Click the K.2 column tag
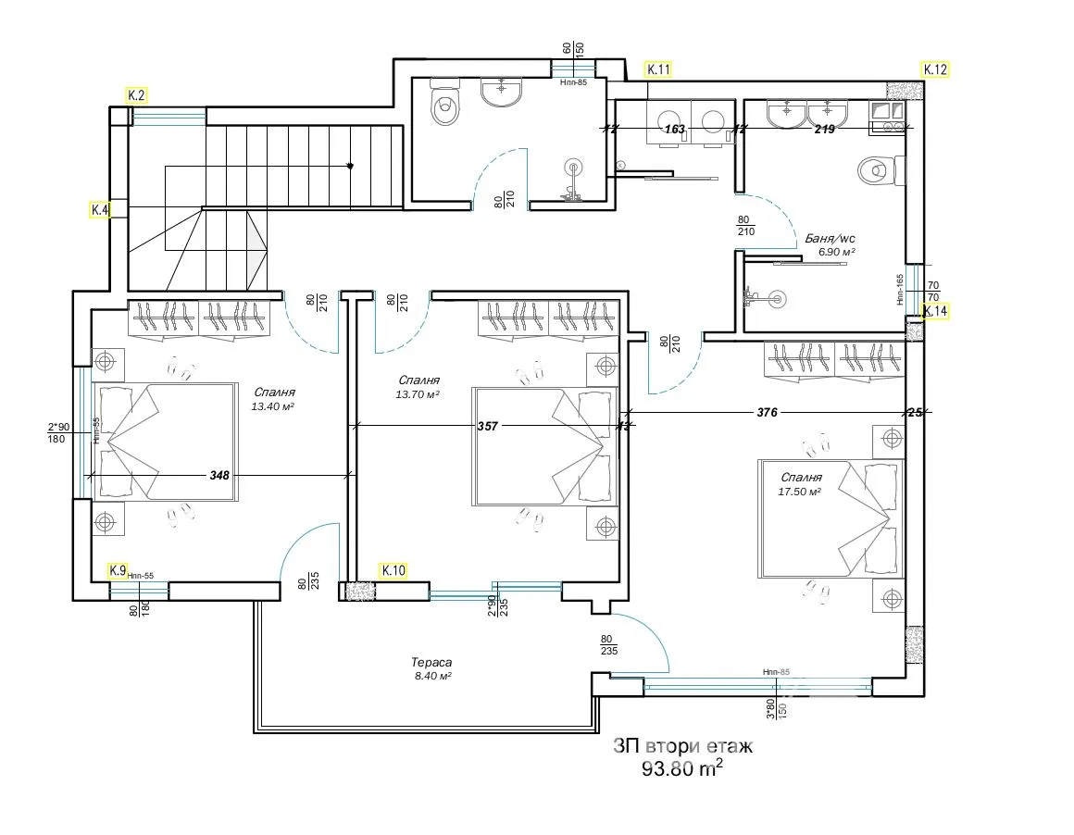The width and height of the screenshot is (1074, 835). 137,95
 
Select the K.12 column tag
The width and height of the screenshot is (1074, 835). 935,69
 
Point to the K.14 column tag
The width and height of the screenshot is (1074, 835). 935,312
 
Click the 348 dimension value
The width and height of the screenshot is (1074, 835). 219,475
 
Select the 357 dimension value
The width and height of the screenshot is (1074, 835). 488,427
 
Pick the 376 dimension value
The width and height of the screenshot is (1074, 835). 768,412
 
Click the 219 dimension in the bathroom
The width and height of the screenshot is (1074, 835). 824,130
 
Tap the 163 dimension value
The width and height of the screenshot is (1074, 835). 675,130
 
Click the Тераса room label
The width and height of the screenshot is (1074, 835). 431,663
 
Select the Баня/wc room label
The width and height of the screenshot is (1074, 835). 830,238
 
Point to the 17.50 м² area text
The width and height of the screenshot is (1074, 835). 800,492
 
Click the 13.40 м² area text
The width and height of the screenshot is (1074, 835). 272,406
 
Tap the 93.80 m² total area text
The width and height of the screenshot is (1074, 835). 682,768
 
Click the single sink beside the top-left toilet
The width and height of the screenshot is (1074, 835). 503,92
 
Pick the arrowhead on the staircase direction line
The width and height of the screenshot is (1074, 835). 351,167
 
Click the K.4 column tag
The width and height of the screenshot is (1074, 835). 100,210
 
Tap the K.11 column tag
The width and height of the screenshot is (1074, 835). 658,69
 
